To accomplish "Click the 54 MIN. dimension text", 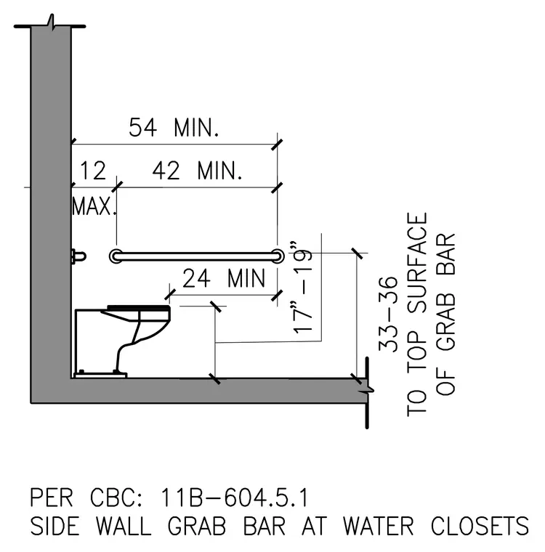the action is click(x=174, y=127).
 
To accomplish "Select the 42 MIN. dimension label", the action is click(x=197, y=171).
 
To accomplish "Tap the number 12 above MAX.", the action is click(x=93, y=171).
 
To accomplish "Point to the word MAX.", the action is click(x=94, y=206).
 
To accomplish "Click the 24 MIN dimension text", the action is click(x=224, y=278).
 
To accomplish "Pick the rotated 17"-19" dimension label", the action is click(x=302, y=288).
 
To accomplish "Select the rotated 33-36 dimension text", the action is click(x=388, y=314).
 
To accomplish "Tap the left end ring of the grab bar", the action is click(x=116, y=256).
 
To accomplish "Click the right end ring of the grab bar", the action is click(x=278, y=256).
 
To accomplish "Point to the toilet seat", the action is click(x=139, y=309).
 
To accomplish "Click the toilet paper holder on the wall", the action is click(x=78, y=256).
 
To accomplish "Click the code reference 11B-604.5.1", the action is click(x=235, y=498).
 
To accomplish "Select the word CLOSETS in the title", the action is click(x=480, y=527).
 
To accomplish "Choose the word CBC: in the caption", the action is click(x=116, y=498).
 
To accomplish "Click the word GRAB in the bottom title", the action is click(x=197, y=527).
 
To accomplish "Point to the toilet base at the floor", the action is click(x=100, y=376).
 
